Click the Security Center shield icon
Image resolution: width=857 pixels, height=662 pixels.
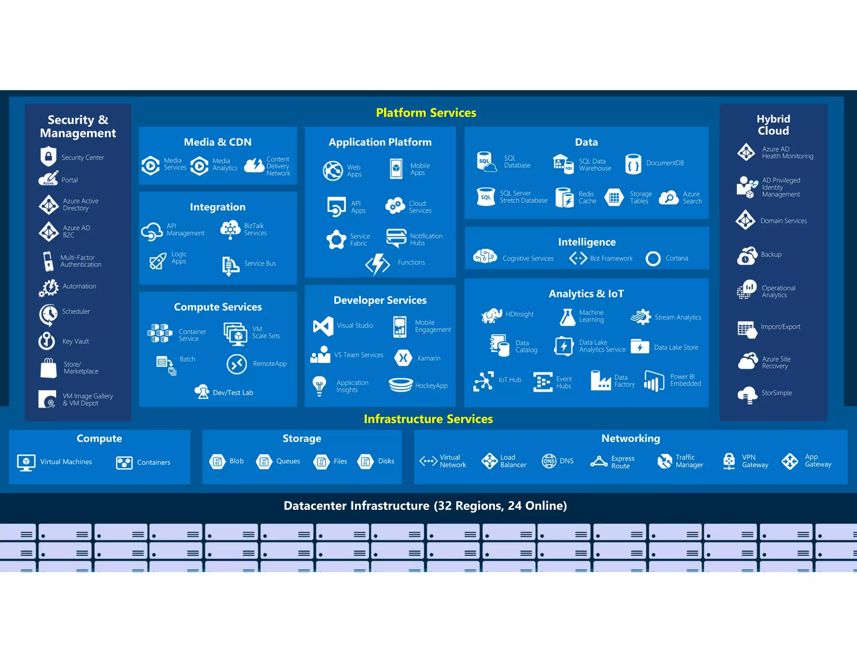pyautogui.click(x=49, y=157)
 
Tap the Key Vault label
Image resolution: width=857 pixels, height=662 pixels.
pyautogui.click(x=76, y=341)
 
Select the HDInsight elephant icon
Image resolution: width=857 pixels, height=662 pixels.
pyautogui.click(x=491, y=315)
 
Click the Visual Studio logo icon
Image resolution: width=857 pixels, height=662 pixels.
pyautogui.click(x=323, y=326)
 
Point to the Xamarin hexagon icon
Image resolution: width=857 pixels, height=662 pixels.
pyautogui.click(x=403, y=358)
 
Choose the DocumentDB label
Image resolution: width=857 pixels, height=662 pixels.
pyautogui.click(x=665, y=163)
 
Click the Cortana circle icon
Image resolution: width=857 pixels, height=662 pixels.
pyautogui.click(x=653, y=259)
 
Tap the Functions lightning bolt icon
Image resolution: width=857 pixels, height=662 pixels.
pyautogui.click(x=377, y=264)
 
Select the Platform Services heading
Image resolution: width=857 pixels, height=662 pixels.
pyautogui.click(x=426, y=113)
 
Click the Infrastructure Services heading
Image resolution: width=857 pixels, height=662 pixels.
pyautogui.click(x=428, y=419)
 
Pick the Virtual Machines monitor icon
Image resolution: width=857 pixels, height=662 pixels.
pyautogui.click(x=26, y=462)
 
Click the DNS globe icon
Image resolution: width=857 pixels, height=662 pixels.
pyautogui.click(x=549, y=461)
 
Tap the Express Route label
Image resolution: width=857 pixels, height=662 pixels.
pyautogui.click(x=623, y=462)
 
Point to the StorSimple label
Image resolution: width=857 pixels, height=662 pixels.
pyautogui.click(x=777, y=393)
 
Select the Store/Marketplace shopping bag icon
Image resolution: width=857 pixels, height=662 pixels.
pyautogui.click(x=49, y=368)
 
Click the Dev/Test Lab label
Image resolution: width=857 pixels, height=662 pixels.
pyautogui.click(x=233, y=393)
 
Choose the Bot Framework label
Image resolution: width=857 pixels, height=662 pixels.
pyautogui.click(x=611, y=259)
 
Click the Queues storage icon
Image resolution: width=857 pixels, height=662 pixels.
pyautogui.click(x=264, y=462)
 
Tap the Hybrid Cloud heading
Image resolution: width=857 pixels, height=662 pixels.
pyautogui.click(x=773, y=125)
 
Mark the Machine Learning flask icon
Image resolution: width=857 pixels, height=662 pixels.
pyautogui.click(x=567, y=317)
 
